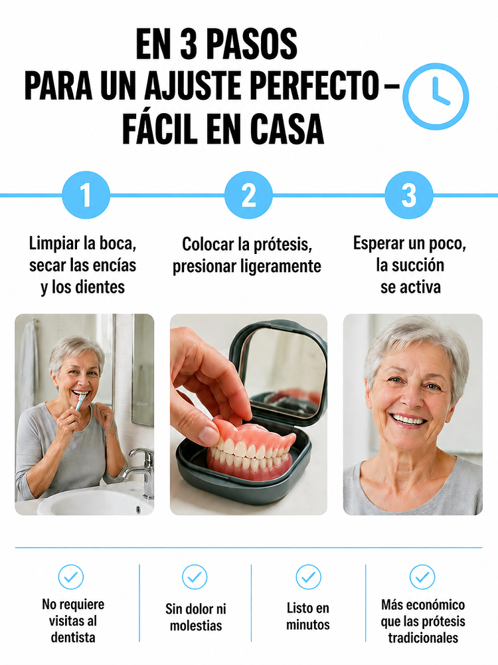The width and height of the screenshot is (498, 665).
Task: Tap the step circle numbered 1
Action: (x=86, y=195)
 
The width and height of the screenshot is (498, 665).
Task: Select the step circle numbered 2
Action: (x=248, y=195)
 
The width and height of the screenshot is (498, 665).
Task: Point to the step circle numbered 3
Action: (x=409, y=195)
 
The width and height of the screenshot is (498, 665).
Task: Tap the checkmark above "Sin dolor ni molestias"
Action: (x=195, y=577)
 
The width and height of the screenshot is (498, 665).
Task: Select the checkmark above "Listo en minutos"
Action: (x=308, y=577)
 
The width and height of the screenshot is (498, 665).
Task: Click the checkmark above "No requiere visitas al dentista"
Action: (x=71, y=577)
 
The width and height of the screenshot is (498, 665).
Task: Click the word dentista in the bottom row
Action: (x=73, y=638)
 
